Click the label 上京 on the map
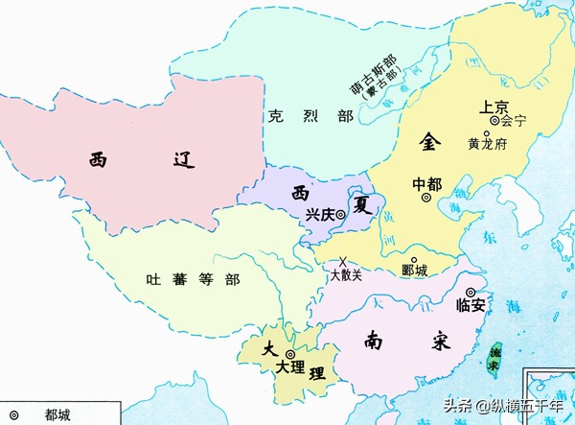[483, 106]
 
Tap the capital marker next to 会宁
[494, 121]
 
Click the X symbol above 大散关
[343, 261]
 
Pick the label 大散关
[346, 275]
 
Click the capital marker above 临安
[471, 292]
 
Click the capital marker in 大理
[289, 353]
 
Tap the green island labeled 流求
[495, 358]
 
